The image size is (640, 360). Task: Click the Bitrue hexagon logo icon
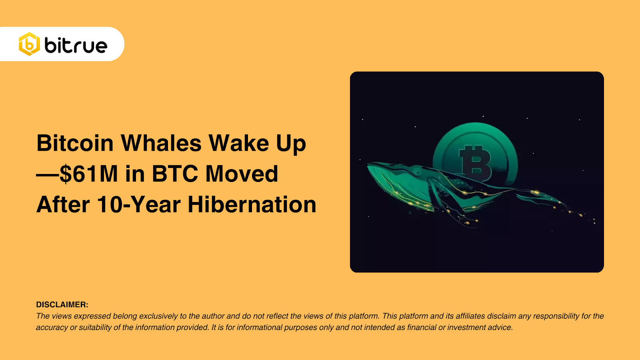pyautogui.click(x=29, y=44)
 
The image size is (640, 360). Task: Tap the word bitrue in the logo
pyautogui.click(x=76, y=46)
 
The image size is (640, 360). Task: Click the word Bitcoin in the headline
pyautogui.click(x=75, y=143)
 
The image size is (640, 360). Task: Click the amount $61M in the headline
pyautogui.click(x=88, y=174)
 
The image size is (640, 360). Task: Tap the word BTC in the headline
pyautogui.click(x=175, y=174)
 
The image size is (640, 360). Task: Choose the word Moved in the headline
pyautogui.click(x=242, y=174)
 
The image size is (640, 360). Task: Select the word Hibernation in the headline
pyautogui.click(x=252, y=205)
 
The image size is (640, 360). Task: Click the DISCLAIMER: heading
pyautogui.click(x=62, y=305)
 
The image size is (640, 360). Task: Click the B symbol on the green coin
pyautogui.click(x=475, y=162)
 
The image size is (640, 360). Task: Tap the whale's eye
pyautogui.click(x=417, y=173)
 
